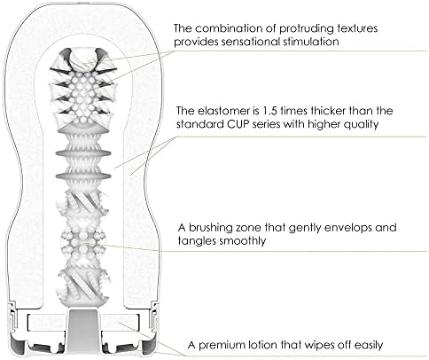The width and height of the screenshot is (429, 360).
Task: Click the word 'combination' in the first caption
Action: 236,28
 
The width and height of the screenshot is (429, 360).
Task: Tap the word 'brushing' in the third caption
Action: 210,228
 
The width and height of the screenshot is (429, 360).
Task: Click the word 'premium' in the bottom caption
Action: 218,345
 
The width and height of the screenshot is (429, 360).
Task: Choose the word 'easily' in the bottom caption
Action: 369,346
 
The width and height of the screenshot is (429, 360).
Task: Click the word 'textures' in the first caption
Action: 357,28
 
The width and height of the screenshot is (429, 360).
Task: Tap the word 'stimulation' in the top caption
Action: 310,42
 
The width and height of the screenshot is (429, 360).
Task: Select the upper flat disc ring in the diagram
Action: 83,153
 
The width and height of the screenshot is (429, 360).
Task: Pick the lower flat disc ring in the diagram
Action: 83,176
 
